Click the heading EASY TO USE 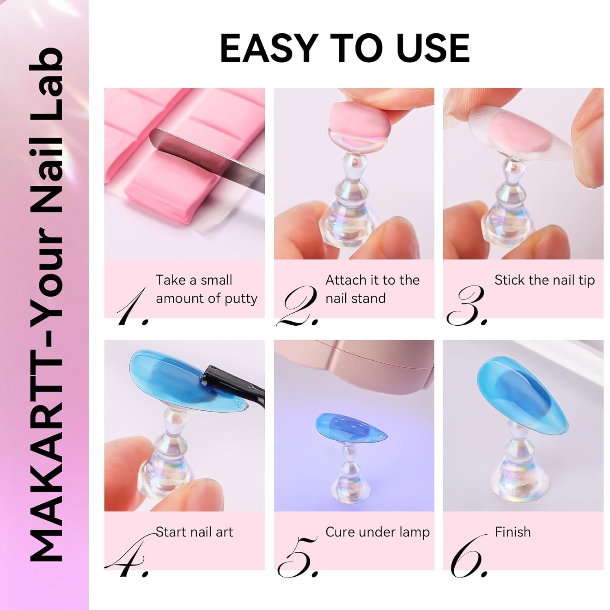[x=345, y=48]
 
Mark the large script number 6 [x=468, y=557]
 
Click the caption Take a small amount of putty [x=206, y=289]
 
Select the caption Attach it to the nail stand [x=372, y=289]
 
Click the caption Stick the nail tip [x=544, y=280]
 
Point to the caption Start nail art [x=194, y=532]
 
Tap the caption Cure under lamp [x=377, y=532]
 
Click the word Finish [x=512, y=532]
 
